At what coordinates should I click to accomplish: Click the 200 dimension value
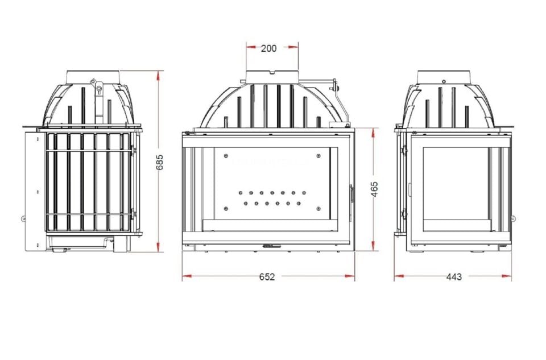tap(268, 48)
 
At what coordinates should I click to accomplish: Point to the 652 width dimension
tap(267, 277)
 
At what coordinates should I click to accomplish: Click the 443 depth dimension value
tap(453, 277)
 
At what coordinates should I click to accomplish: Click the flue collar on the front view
tap(272, 77)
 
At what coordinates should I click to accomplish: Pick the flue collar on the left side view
tap(93, 77)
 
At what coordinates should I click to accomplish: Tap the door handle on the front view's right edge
tap(350, 193)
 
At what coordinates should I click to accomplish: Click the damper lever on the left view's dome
tap(99, 89)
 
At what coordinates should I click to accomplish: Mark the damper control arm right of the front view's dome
tap(336, 88)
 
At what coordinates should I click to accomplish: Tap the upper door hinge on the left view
tap(134, 149)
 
